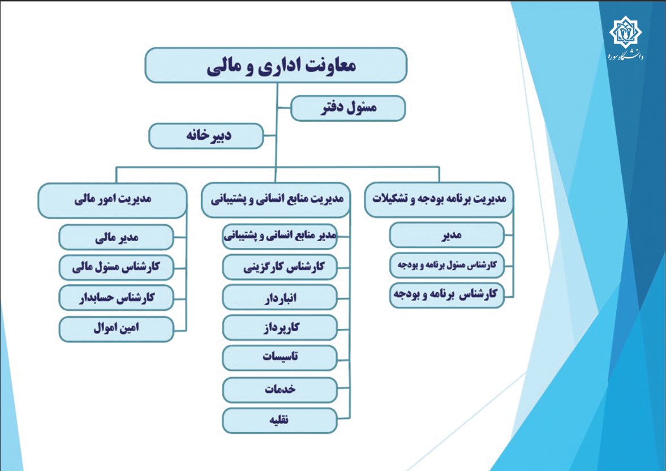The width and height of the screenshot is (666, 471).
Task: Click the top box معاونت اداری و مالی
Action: [x=276, y=65]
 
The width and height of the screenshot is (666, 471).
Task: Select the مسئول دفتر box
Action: [x=348, y=108]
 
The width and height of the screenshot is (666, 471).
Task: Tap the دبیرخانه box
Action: [x=206, y=136]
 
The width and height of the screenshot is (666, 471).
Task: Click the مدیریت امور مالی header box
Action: [x=113, y=200]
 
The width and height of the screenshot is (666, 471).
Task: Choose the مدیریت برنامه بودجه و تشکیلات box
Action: [x=439, y=200]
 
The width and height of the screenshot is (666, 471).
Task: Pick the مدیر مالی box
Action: [x=117, y=237]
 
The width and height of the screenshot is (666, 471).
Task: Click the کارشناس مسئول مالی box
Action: [x=117, y=267]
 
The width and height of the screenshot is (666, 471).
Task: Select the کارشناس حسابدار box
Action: [x=117, y=298]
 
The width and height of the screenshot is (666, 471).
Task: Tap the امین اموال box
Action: [x=117, y=329]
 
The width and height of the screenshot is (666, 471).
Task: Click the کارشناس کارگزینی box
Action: [x=280, y=267]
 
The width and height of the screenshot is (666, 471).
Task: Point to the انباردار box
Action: [x=280, y=298]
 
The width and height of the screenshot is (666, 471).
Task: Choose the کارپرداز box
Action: [x=280, y=328]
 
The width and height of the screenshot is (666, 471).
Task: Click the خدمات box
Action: [x=280, y=390]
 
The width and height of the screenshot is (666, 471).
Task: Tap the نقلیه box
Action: [x=280, y=421]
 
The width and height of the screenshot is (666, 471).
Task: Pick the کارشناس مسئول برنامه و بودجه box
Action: [x=447, y=266]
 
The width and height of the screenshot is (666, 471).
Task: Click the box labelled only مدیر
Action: [x=447, y=235]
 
